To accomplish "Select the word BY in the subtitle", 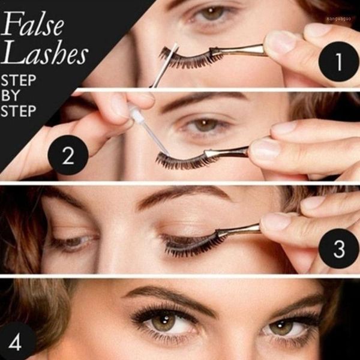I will pos(12,96).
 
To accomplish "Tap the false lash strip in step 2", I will pos(180,160).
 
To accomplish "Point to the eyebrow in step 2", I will pos(198,100).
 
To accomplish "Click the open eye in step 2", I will pos(207,125).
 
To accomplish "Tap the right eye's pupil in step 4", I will pos(281,327).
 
